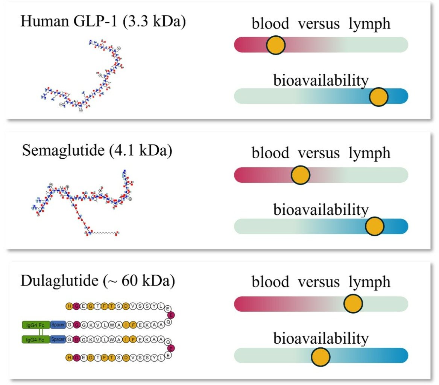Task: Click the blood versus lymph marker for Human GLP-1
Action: click(276, 45)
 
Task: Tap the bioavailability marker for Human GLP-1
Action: click(378, 97)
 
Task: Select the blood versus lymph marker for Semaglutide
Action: click(300, 175)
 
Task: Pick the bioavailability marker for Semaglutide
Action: click(374, 227)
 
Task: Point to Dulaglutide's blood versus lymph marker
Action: click(353, 304)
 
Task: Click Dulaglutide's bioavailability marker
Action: click(321, 356)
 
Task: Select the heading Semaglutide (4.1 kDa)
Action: click(97, 151)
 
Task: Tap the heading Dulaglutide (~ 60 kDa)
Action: click(97, 281)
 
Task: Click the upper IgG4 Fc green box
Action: click(36, 324)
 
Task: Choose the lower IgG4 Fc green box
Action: click(36, 340)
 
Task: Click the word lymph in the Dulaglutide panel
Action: click(369, 282)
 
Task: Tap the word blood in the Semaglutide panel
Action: click(270, 153)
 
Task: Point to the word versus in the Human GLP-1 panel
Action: click(319, 24)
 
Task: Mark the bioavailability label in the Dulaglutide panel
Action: click(321, 339)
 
